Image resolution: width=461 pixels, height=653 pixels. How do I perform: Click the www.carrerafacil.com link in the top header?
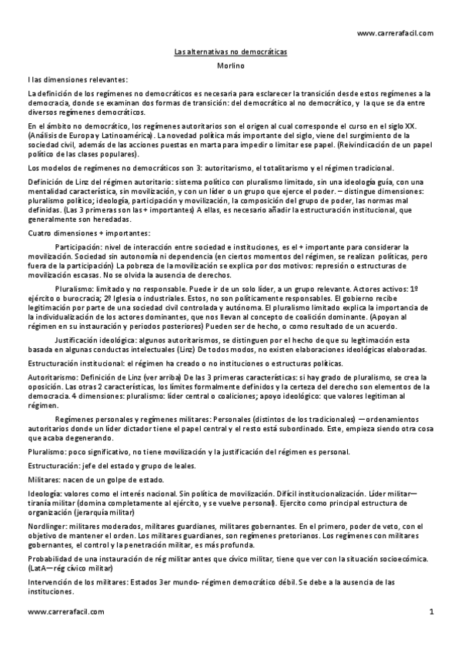(395, 33)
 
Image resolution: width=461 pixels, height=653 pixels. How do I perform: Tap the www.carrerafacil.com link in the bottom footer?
(65, 611)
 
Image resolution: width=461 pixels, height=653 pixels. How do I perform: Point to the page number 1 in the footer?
(432, 611)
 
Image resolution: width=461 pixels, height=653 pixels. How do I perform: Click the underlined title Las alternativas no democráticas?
(230, 51)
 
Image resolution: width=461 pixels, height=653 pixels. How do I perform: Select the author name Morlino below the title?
(230, 65)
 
